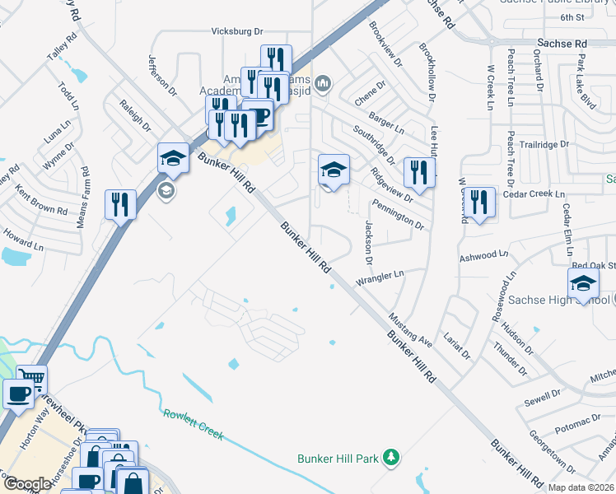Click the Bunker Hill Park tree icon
[394, 457]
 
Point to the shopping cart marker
[32, 379]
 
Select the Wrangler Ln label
[380, 278]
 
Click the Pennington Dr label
[398, 213]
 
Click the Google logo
[27, 484]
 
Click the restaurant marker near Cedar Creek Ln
[479, 202]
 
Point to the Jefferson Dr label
[163, 74]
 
